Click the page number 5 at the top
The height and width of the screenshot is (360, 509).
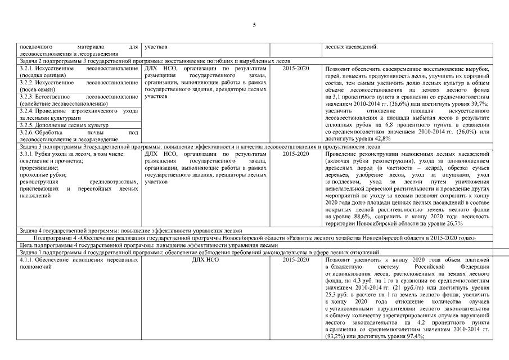(x=254, y=25)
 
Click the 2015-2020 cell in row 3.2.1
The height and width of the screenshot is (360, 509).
(x=296, y=68)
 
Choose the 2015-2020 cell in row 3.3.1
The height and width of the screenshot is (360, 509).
(x=296, y=153)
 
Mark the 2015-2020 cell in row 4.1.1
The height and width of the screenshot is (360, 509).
(x=296, y=260)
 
